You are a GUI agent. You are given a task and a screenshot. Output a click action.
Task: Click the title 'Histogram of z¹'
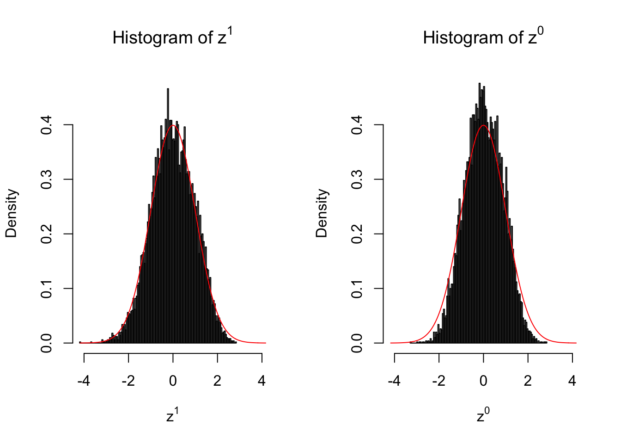pyautogui.click(x=172, y=37)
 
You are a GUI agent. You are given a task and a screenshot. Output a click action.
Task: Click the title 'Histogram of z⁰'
pyautogui.click(x=483, y=37)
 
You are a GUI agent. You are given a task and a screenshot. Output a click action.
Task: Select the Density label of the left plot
pyautogui.click(x=11, y=213)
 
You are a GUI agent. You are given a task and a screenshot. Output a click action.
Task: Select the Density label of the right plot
pyautogui.click(x=322, y=213)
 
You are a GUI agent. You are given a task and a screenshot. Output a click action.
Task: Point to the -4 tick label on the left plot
pyautogui.click(x=84, y=381)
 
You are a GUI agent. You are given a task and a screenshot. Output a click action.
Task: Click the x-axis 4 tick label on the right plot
pyautogui.click(x=572, y=381)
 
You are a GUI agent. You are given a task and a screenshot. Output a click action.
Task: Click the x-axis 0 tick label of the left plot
pyautogui.click(x=173, y=381)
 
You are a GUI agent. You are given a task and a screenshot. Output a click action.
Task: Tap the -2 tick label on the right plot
pyautogui.click(x=438, y=381)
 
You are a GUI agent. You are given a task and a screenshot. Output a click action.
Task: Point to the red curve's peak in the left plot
pyautogui.click(x=173, y=125)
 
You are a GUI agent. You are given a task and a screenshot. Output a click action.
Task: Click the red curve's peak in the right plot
pyautogui.click(x=483, y=125)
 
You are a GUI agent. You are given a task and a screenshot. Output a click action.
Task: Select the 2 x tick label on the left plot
pyautogui.click(x=217, y=381)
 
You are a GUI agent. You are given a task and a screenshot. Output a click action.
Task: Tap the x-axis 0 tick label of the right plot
pyautogui.click(x=483, y=381)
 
